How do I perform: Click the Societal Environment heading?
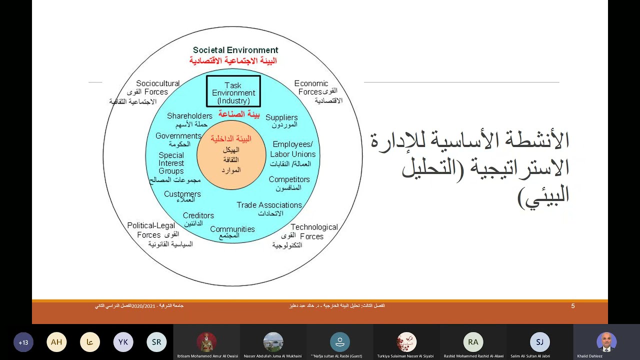(235, 50)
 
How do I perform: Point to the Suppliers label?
(281, 117)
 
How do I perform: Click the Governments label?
(178, 136)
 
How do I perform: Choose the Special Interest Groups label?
(171, 163)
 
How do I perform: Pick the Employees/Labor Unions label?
(293, 149)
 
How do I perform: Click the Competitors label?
(289, 179)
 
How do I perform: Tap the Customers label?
(182, 194)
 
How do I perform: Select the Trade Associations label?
(269, 205)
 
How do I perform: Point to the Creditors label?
(198, 215)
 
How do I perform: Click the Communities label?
(232, 229)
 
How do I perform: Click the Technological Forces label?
(313, 231)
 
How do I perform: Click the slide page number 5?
(573, 306)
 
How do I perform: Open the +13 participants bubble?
(23, 342)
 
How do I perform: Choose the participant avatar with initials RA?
(473, 342)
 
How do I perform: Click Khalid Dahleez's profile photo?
(606, 342)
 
